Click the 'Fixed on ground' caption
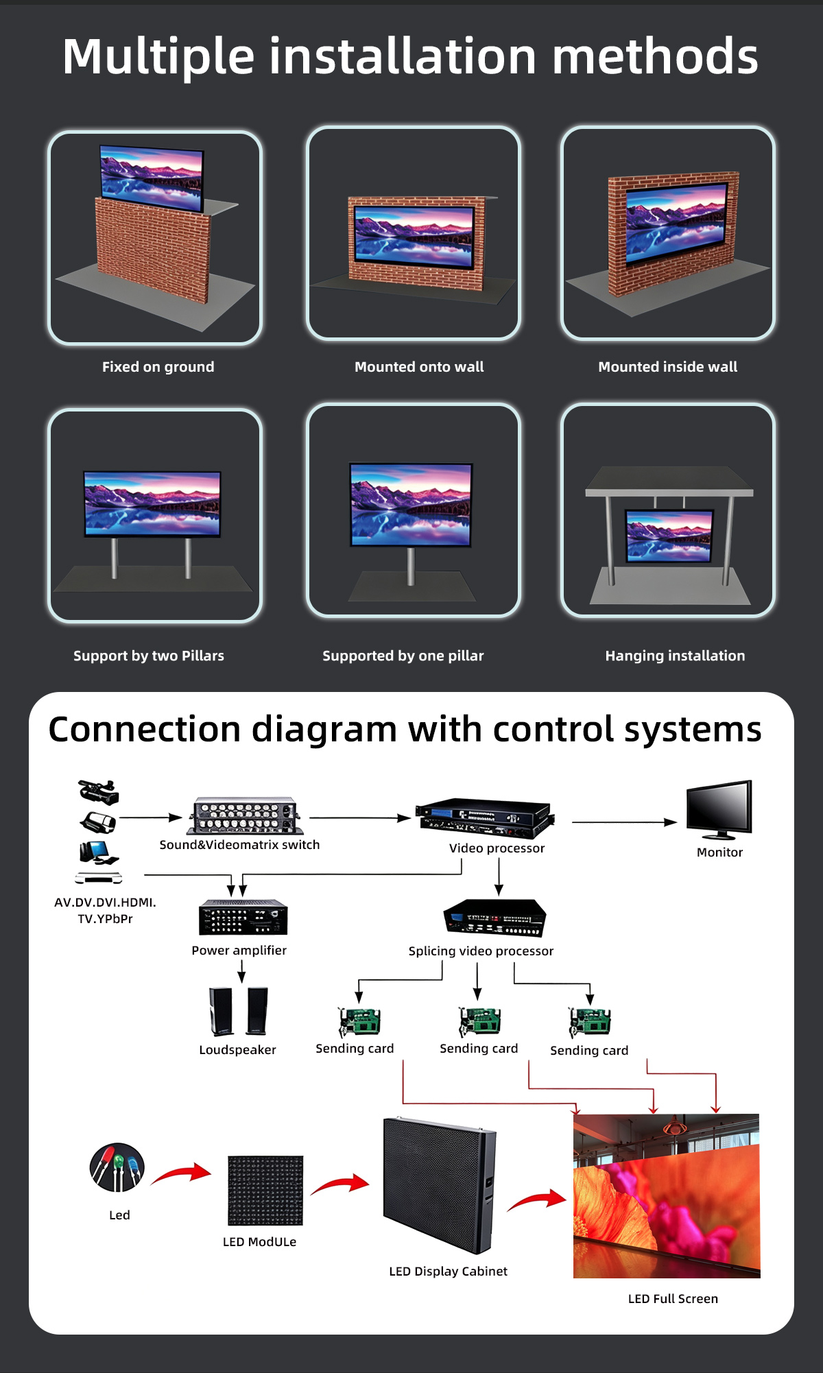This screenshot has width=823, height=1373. coord(158,367)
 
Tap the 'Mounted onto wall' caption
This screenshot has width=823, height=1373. coord(419,367)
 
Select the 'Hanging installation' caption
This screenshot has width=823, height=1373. coord(675,656)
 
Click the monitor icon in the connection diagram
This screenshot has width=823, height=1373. coord(719,809)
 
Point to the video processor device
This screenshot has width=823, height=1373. coord(486,818)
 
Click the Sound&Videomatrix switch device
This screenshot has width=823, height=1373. coord(245,816)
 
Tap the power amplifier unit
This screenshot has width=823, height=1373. coord(243,917)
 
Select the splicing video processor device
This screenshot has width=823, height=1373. coord(494,918)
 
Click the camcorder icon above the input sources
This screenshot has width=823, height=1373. coord(99,792)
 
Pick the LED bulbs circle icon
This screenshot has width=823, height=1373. coord(117,1167)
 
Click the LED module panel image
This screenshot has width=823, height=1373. coord(265,1191)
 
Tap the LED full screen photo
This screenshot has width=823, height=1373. coord(667,1196)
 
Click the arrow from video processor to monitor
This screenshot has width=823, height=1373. coord(624,822)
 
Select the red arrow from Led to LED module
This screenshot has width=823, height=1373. coord(181,1173)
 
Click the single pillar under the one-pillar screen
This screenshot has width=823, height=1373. coord(411,566)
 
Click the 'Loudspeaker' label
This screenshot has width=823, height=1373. coord(237,1050)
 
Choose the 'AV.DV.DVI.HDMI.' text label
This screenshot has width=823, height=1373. coord(105,903)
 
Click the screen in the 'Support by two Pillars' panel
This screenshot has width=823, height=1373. coord(152,503)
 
